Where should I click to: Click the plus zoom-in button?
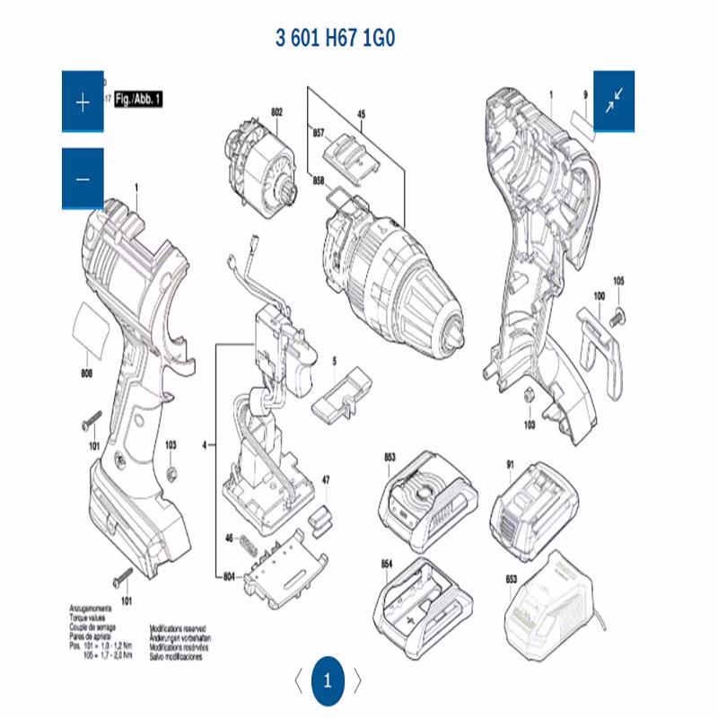(x=83, y=102)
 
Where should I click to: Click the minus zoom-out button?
(x=83, y=179)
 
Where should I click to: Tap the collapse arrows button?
(x=615, y=101)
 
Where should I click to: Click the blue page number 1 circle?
(x=328, y=680)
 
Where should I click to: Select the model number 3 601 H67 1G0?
(x=336, y=39)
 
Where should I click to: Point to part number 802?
(x=276, y=112)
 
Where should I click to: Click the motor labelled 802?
(x=258, y=171)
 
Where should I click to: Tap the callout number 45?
(x=362, y=114)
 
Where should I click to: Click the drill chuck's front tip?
(x=460, y=335)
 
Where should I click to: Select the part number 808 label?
(x=87, y=372)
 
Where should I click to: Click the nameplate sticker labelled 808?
(x=92, y=328)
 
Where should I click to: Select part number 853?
(x=389, y=458)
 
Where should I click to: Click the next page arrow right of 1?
(x=357, y=680)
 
